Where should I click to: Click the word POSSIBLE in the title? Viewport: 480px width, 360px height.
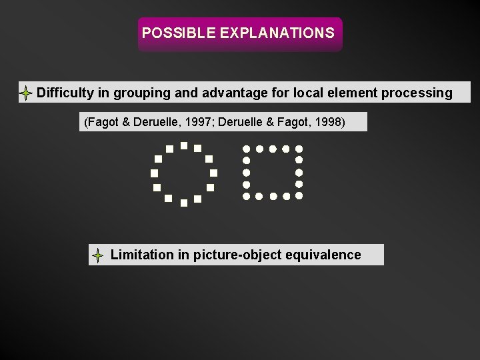coord(169,33)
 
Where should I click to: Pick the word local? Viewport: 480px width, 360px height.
coord(298,93)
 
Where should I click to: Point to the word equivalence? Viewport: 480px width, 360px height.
coord(324,255)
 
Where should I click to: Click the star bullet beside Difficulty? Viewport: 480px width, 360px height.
coord(25,93)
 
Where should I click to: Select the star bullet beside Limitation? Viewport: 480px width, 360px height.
coord(97,255)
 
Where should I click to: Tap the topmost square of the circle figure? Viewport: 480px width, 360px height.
coord(183,144)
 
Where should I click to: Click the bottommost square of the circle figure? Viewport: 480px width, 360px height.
coord(183,203)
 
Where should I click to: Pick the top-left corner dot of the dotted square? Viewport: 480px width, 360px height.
coord(246,148)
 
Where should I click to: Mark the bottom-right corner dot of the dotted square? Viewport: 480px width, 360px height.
coord(299,197)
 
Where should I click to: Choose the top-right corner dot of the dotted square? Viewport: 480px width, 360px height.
coord(299,148)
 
